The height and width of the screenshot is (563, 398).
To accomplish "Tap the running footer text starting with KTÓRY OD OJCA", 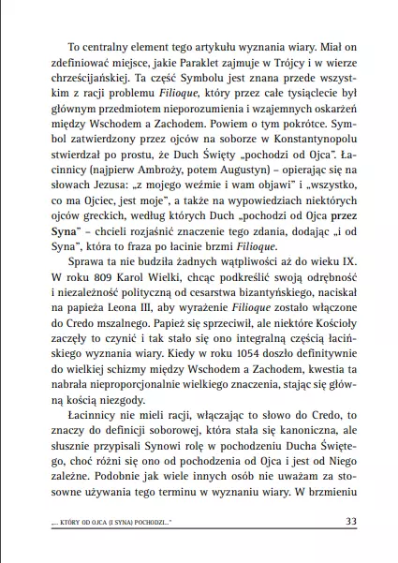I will click(x=107, y=523).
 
